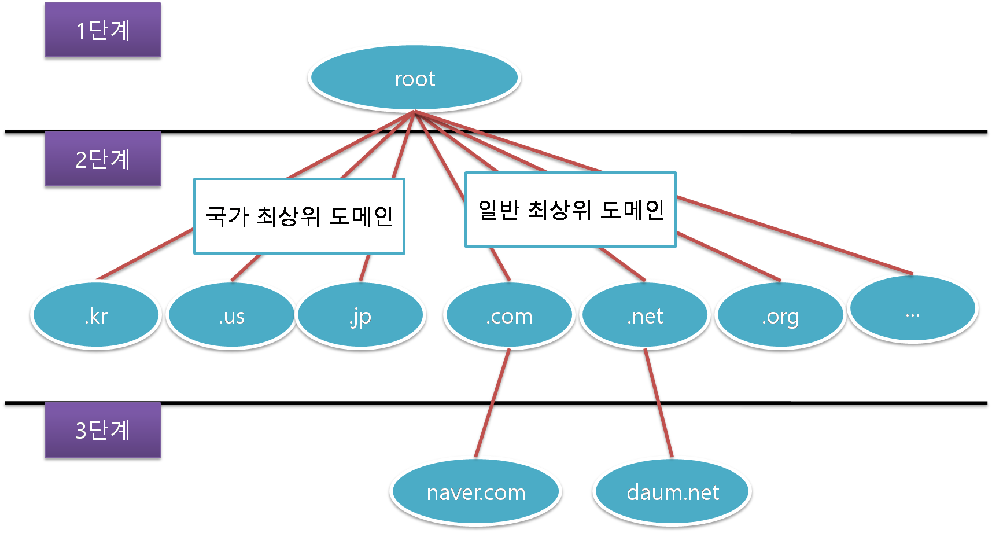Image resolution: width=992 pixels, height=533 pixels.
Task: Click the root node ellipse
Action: tap(415, 78)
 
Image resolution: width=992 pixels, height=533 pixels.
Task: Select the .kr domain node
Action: tap(95, 315)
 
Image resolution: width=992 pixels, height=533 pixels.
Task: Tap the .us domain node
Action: tap(231, 315)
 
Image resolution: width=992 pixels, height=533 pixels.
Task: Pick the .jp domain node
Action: tap(361, 315)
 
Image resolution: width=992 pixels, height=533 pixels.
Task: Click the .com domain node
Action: tap(509, 315)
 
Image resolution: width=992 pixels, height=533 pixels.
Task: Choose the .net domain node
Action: tap(645, 315)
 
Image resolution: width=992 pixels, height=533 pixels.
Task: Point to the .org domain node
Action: tap(780, 315)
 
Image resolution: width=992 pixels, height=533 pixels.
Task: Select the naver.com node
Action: tap(475, 492)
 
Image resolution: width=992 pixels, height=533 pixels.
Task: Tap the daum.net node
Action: tap(672, 492)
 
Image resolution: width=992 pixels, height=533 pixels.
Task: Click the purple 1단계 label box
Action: tap(102, 30)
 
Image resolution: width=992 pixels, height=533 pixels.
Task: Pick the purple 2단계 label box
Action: tap(102, 159)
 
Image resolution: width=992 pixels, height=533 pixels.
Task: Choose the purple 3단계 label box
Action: tap(102, 430)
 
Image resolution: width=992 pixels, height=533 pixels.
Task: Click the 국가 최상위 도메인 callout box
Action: tap(299, 216)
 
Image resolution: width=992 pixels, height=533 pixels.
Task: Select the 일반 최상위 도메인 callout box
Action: tap(570, 209)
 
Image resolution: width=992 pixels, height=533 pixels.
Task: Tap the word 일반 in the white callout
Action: tap(497, 209)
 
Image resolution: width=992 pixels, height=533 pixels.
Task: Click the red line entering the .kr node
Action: tap(145, 255)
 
